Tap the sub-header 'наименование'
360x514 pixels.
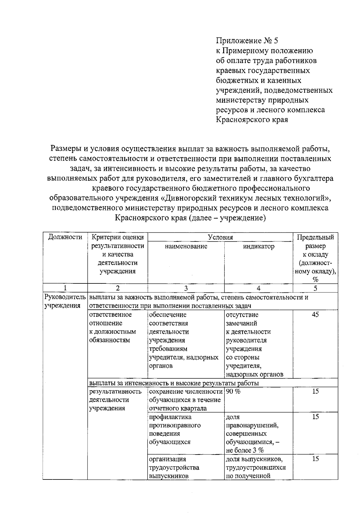[x=186, y=246]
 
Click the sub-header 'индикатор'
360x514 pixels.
[x=258, y=246]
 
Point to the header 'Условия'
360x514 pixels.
[x=220, y=237]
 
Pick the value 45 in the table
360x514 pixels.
[x=315, y=315]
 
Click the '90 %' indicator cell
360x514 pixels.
[x=233, y=392]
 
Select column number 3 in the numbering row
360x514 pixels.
[x=186, y=288]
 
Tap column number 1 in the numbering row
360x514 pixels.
[x=65, y=288]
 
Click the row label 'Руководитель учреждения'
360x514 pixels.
[x=65, y=301]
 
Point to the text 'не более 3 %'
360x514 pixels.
[x=245, y=450]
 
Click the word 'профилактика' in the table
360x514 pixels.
[x=170, y=417]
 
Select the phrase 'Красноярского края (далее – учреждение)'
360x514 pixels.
[x=191, y=218]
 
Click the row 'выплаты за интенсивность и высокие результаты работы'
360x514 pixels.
[x=174, y=383]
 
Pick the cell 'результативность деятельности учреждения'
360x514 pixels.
[x=115, y=400]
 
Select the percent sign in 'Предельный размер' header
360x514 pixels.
[x=315, y=280]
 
